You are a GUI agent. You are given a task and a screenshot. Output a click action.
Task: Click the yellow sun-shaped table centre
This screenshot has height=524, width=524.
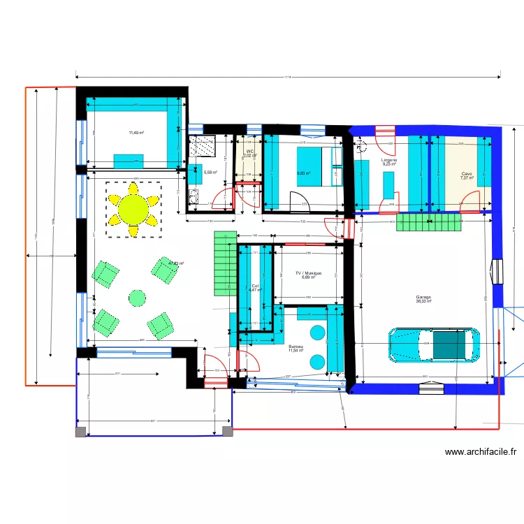[x=133, y=208]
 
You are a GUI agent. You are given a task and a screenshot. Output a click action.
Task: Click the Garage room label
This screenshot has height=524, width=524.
[x=423, y=296]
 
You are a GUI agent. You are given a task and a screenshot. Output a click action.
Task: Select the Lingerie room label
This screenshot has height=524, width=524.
[x=389, y=160]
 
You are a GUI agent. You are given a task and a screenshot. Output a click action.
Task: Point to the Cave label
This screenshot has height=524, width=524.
[x=467, y=173]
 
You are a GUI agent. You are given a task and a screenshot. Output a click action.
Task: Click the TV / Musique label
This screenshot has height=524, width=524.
[x=308, y=272]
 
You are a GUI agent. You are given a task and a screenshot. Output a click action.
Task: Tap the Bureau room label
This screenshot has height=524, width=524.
[x=296, y=346]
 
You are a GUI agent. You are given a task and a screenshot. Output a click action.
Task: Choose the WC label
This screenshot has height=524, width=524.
[x=249, y=151]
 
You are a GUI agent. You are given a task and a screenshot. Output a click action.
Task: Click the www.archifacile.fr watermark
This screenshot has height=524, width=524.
[x=481, y=452]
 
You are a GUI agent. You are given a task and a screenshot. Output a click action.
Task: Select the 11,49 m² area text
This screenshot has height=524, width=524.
[x=136, y=132]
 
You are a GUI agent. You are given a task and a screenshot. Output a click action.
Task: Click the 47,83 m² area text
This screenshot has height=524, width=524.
[x=176, y=263]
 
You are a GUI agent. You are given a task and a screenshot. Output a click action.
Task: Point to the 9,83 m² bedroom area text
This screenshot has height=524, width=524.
[x=303, y=173]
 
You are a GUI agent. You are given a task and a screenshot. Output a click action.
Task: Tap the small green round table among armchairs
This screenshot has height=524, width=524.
[x=137, y=298]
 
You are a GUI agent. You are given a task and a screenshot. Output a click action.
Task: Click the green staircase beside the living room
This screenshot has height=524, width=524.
[x=225, y=263]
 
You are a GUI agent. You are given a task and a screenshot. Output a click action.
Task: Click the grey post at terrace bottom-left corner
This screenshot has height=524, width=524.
[x=81, y=432]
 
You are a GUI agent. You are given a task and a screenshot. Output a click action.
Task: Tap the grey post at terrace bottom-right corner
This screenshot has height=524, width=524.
[x=226, y=432]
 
